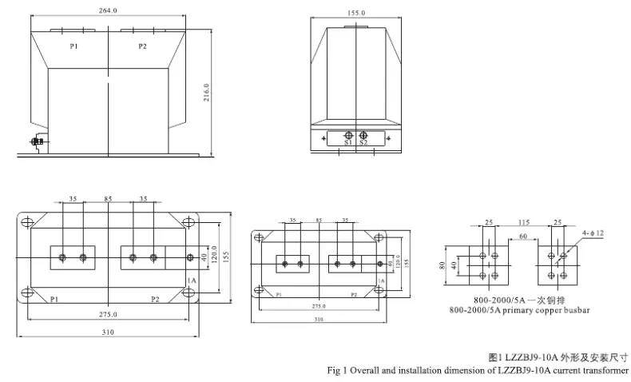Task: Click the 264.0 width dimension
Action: [x=107, y=10]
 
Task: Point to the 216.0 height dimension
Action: [x=206, y=92]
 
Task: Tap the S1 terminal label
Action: [x=349, y=143]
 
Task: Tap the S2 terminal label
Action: [x=363, y=143]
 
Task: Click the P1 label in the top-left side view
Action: [x=73, y=46]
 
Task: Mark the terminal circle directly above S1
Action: [x=349, y=134]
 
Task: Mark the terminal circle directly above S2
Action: [x=363, y=134]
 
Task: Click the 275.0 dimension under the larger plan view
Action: [x=108, y=315]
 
